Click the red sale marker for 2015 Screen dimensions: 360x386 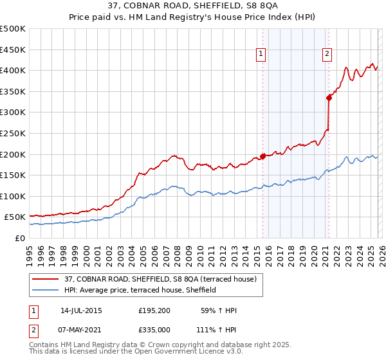tap(262, 156)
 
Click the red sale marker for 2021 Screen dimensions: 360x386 tap(329, 98)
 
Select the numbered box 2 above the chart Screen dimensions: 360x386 tap(327, 55)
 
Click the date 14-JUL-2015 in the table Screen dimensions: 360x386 tap(81, 310)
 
